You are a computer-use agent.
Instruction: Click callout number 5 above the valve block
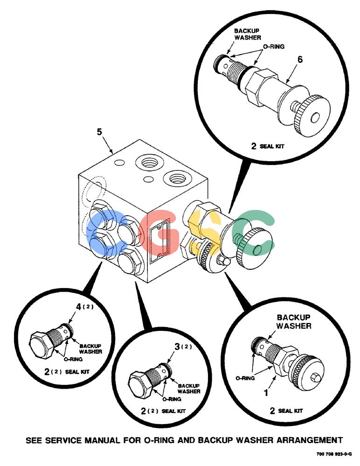pos(99,132)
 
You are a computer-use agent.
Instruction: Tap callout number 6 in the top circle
pos(300,60)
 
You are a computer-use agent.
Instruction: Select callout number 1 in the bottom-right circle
pos(266,393)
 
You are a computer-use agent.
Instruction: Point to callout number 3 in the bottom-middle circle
pos(177,346)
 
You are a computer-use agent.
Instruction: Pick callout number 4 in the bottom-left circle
pos(78,307)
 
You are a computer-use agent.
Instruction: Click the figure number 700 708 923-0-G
pos(334,454)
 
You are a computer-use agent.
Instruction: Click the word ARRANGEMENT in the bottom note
pos(310,440)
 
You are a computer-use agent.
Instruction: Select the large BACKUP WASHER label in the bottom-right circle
pos(294,322)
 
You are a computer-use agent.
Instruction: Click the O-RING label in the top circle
pos(273,47)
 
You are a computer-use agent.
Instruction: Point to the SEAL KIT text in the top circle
pos(272,146)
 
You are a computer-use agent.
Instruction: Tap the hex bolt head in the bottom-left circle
pos(40,345)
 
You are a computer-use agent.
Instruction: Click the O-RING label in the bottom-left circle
pos(73,359)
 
